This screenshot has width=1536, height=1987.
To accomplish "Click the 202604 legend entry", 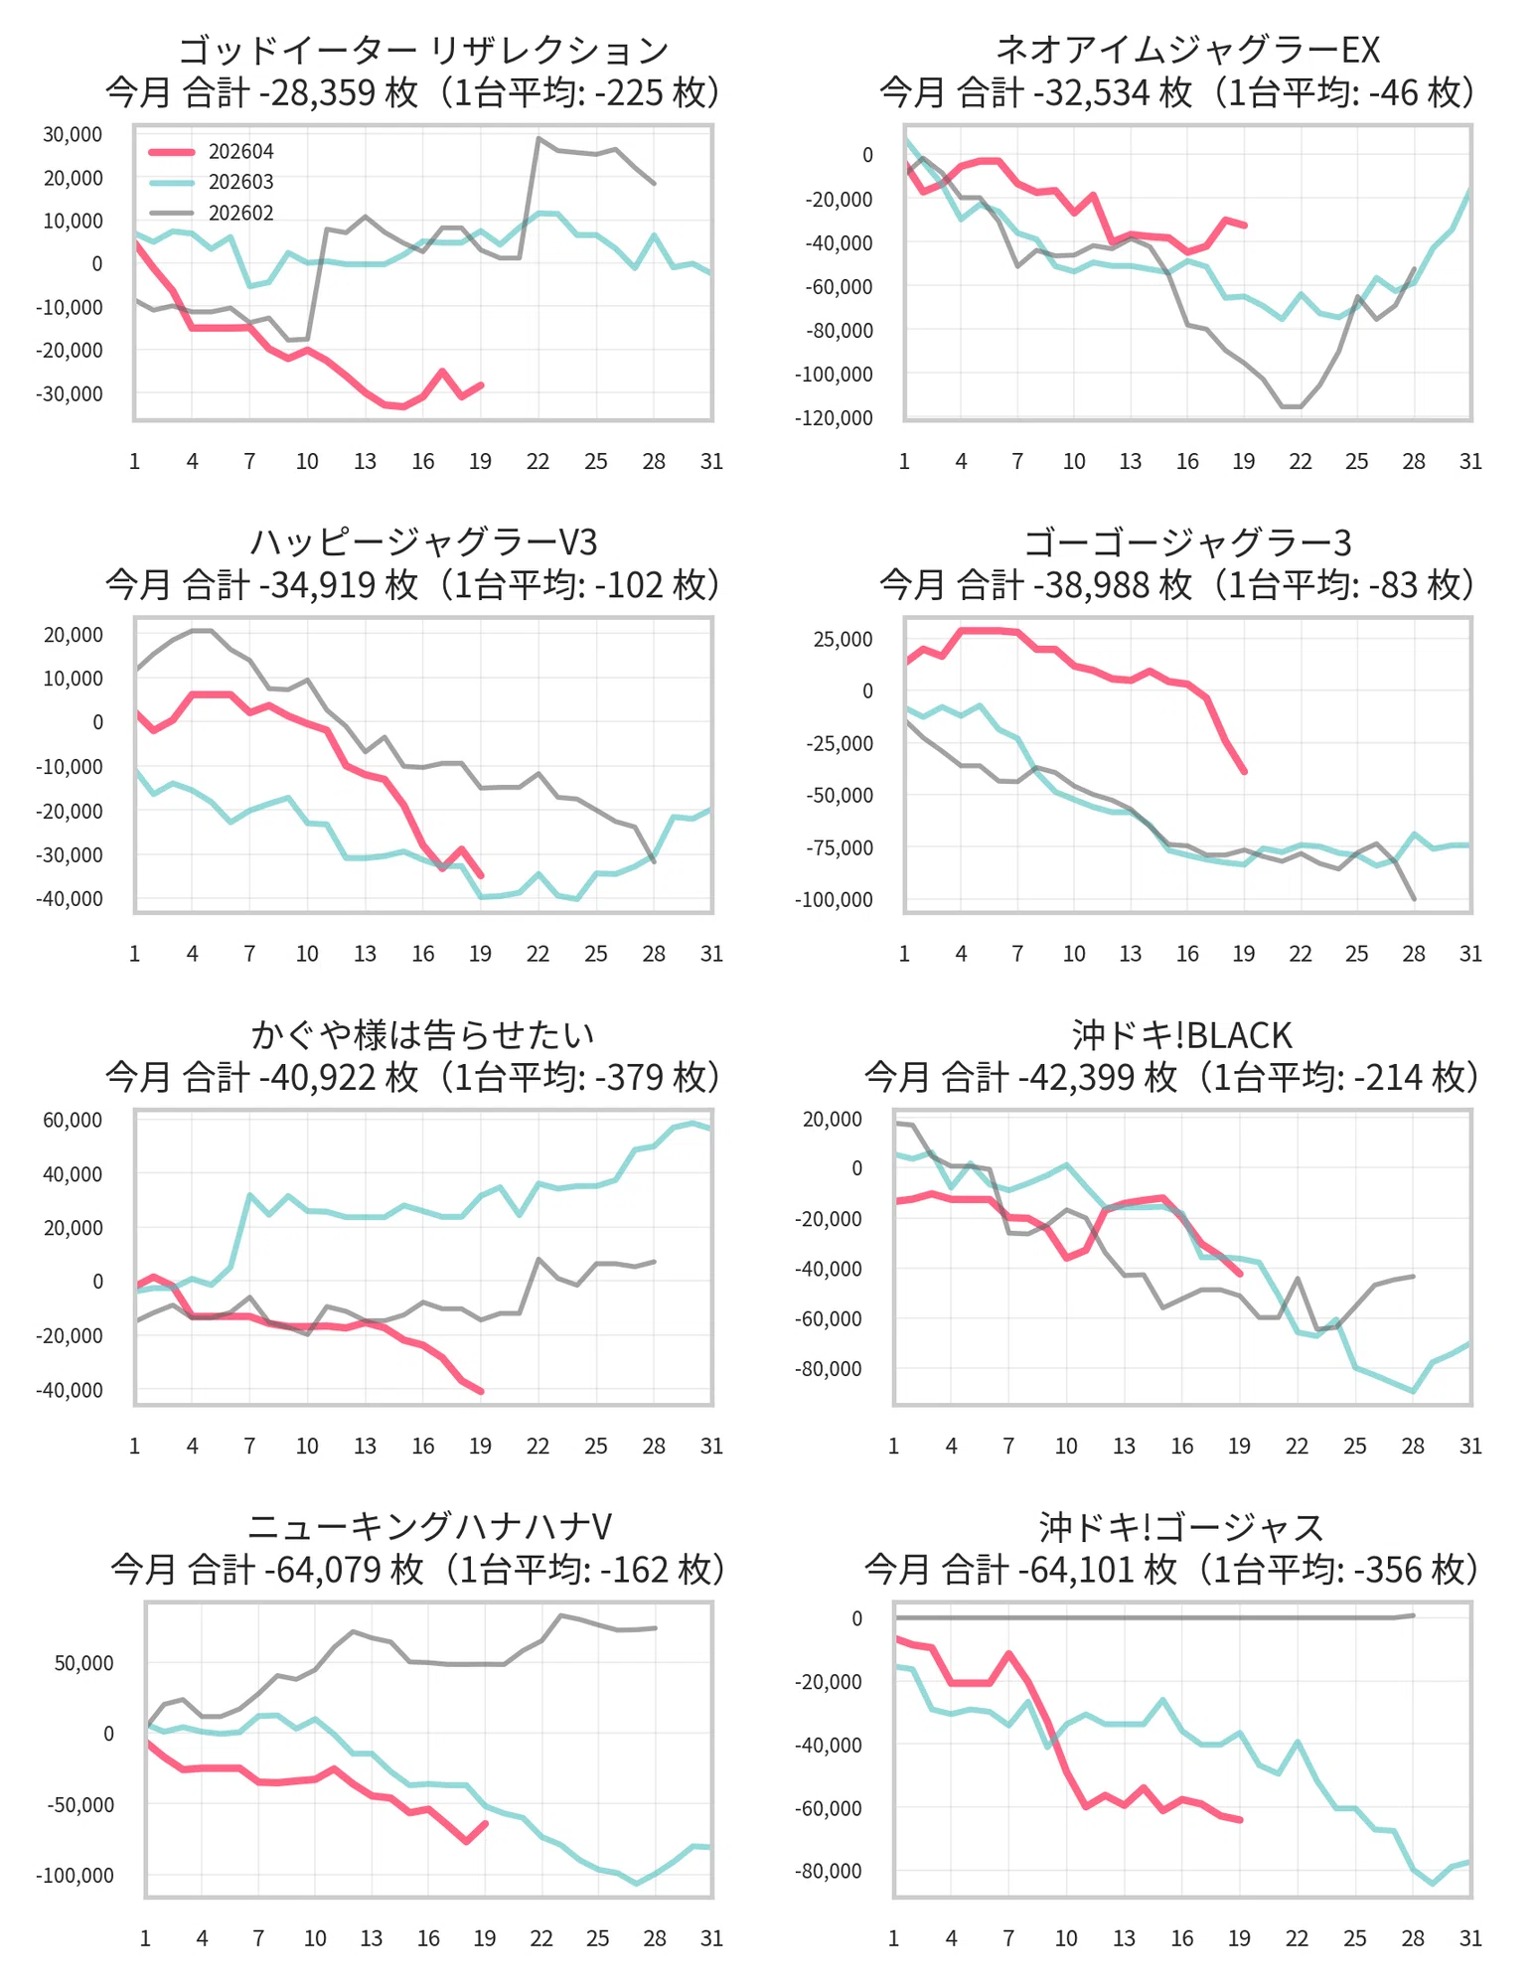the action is (x=211, y=152).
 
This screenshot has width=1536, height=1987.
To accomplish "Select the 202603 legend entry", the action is (x=211, y=183).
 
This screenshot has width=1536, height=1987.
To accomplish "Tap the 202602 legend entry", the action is (x=211, y=214).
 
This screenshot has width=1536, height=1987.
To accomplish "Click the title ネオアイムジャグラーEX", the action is (x=1187, y=50).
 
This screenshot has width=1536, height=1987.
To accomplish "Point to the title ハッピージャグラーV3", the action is (x=423, y=542).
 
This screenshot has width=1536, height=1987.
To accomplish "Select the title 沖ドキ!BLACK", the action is (x=1181, y=1035).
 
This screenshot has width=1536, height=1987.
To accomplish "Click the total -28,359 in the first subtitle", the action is (x=317, y=92).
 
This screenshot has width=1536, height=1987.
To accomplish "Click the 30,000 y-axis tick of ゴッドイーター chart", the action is (x=73, y=134).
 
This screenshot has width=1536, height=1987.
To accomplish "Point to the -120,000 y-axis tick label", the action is (x=834, y=418).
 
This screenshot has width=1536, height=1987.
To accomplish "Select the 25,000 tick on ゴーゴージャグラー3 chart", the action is (x=843, y=639).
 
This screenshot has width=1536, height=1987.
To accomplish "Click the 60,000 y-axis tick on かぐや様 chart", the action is (x=73, y=1121).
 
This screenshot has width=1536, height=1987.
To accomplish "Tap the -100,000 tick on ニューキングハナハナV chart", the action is (x=75, y=1876).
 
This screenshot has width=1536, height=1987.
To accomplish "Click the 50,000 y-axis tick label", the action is (x=84, y=1663).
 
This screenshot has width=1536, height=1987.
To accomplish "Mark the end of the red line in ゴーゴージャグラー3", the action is (x=1244, y=771).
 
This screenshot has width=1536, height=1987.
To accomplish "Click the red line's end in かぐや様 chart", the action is (x=481, y=1391).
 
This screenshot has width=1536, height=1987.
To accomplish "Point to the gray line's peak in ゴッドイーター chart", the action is (x=538, y=139).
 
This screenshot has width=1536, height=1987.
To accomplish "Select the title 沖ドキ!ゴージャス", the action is (x=1181, y=1527).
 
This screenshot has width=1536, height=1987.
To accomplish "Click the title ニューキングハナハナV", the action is (x=429, y=1527).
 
